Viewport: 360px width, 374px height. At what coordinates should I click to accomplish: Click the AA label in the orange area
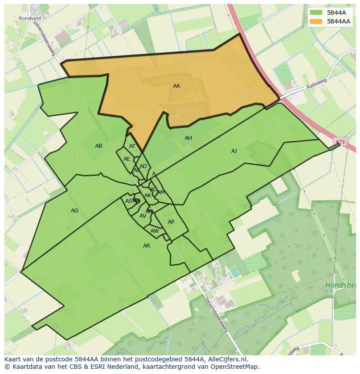coord(176,86)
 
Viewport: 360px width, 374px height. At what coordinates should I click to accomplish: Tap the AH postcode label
coord(188,138)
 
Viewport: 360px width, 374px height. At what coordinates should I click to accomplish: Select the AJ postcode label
coord(234,151)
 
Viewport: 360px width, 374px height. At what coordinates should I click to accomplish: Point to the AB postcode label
coord(99,146)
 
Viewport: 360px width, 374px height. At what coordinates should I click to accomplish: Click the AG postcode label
coord(74,211)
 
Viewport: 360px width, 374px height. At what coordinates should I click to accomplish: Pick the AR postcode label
coord(147,246)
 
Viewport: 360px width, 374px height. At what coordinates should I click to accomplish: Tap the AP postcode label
coord(171,222)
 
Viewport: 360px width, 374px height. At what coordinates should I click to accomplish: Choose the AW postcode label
coord(154,231)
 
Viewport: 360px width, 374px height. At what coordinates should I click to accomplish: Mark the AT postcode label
coord(132,146)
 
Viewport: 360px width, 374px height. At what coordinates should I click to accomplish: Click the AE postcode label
coord(127,159)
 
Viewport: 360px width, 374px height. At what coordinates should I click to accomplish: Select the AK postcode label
coord(147,195)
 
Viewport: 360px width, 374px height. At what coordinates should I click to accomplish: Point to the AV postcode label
coord(143,216)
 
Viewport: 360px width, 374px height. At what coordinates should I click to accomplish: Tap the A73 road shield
coord(340,142)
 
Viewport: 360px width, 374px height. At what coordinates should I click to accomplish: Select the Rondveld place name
coord(30,18)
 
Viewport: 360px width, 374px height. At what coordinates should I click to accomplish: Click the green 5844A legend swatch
coord(316,13)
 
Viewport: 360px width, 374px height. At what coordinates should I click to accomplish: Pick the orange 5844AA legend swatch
coord(316,21)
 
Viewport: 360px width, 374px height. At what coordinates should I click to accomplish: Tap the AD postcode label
coord(143,166)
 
